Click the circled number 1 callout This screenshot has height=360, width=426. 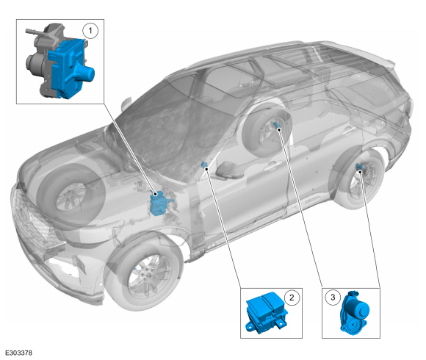point(90,31)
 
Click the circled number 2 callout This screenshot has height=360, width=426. point(292,298)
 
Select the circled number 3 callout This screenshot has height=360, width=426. point(333,298)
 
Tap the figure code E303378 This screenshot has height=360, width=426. point(18,353)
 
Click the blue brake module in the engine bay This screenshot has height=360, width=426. point(159,204)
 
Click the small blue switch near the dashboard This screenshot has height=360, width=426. point(203,165)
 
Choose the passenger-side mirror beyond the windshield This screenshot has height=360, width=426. point(126,104)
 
